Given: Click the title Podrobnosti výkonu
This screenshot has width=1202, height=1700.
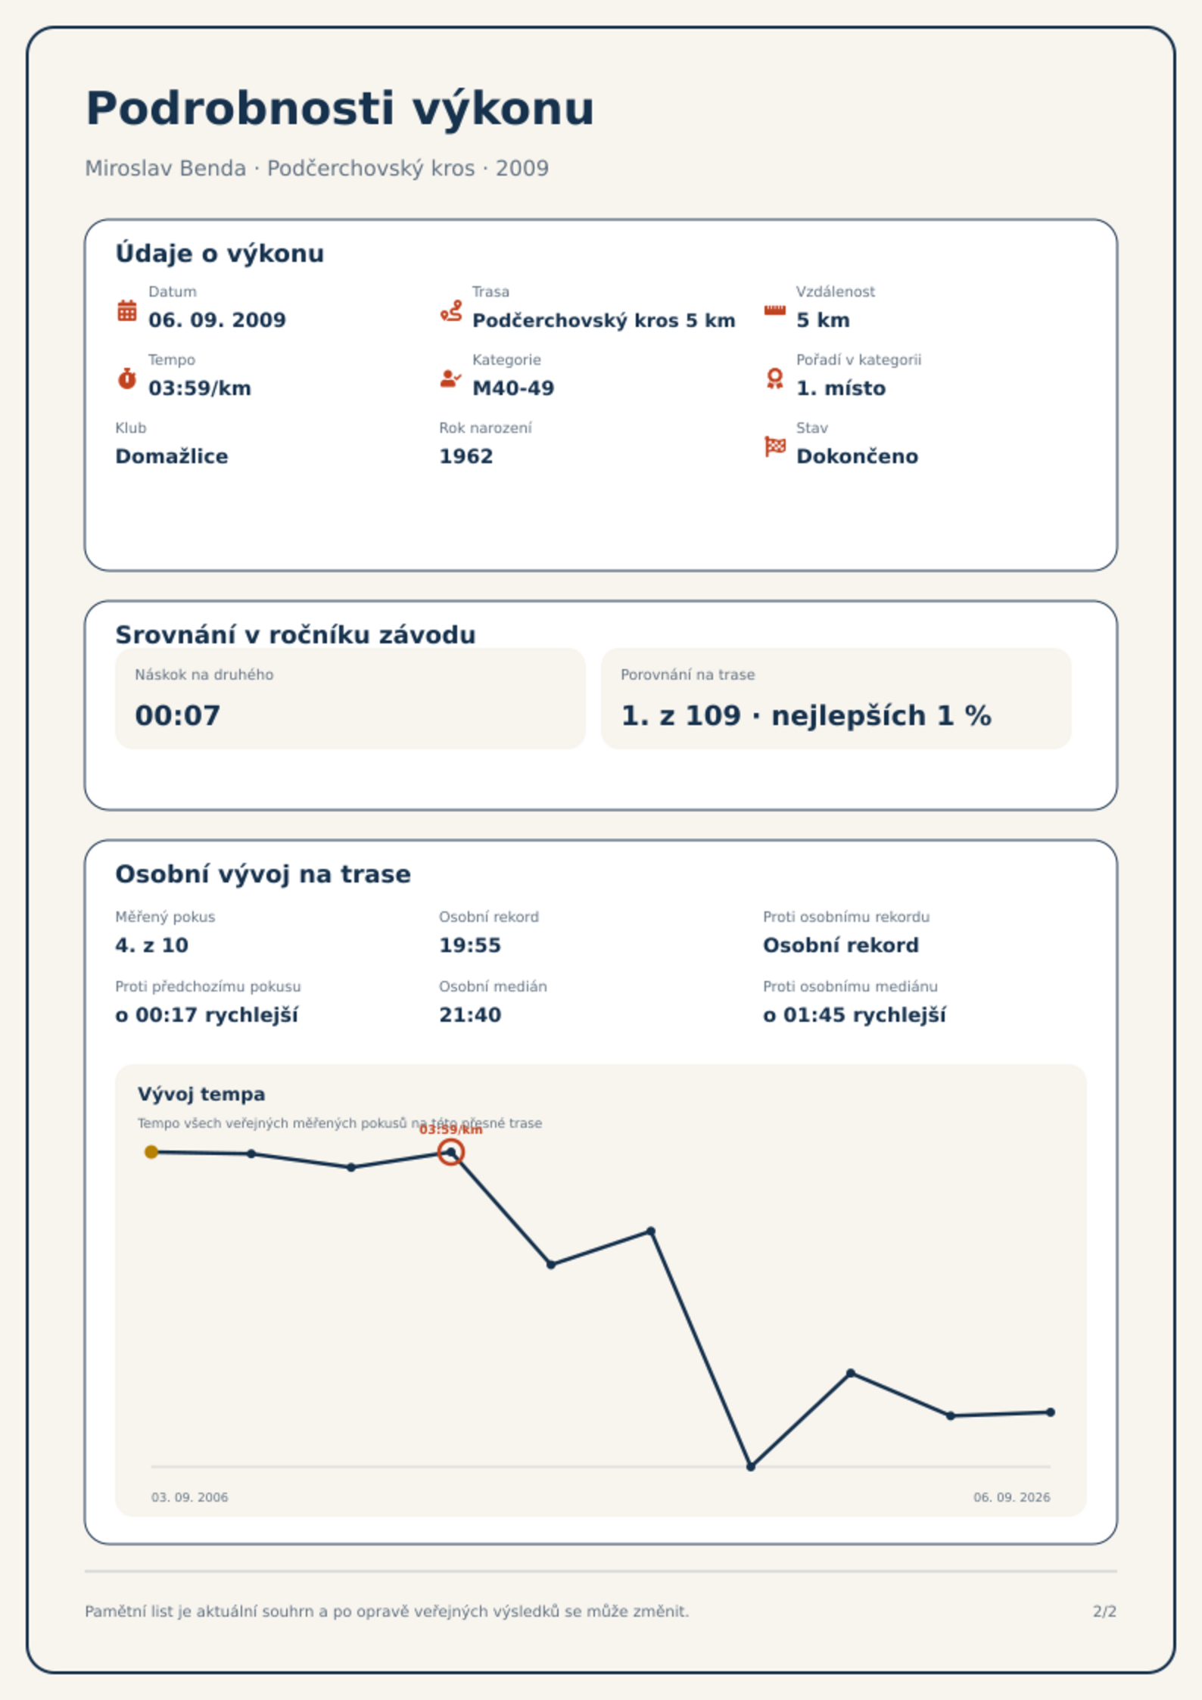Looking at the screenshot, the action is [340, 109].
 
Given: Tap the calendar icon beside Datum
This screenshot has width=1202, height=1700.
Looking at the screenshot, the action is [127, 310].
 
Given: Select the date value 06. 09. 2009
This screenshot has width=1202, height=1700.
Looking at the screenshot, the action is [217, 320].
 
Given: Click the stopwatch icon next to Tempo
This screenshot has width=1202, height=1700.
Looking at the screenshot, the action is [127, 378].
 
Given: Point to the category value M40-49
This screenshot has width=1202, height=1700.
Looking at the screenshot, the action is [513, 388].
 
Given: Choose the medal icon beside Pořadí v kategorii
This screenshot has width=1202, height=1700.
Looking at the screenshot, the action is [774, 378].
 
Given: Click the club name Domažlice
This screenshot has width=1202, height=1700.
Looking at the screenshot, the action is [171, 456].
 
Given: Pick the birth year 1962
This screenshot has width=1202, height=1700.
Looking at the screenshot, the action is [466, 456].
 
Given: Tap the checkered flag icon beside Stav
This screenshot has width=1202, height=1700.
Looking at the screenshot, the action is [775, 447].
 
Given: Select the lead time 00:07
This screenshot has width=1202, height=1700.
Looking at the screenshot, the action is [178, 715].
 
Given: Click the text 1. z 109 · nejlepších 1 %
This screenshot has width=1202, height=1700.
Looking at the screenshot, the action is [805, 715].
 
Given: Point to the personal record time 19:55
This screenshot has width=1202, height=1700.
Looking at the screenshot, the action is [470, 945].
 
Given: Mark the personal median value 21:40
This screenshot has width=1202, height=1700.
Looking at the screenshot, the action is [470, 1015].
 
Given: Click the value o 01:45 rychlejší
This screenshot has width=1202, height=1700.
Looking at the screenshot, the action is [855, 1015].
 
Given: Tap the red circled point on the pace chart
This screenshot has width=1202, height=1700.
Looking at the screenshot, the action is [451, 1152].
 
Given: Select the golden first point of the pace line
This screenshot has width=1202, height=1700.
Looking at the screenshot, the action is [151, 1152].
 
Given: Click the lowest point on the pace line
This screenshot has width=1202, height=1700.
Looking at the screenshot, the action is [751, 1467].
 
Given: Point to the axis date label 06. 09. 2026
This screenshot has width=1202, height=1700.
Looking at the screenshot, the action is [1011, 1497].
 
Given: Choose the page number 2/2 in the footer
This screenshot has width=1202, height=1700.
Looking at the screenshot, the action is [1104, 1611].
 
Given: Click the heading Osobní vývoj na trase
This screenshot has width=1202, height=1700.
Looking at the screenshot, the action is [263, 874].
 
